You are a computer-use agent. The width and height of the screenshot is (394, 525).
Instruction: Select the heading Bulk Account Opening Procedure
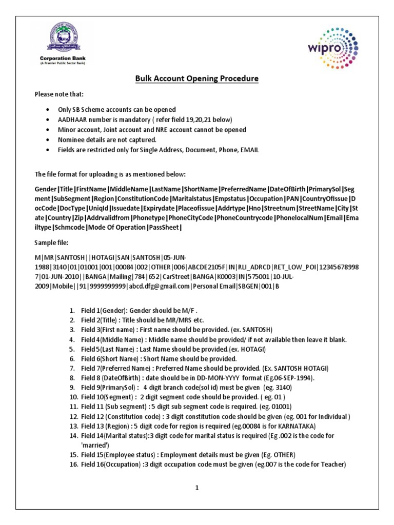[197, 78]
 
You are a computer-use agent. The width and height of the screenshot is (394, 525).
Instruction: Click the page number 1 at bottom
[196, 488]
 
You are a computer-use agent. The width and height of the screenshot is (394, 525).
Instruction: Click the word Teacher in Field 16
[333, 465]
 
